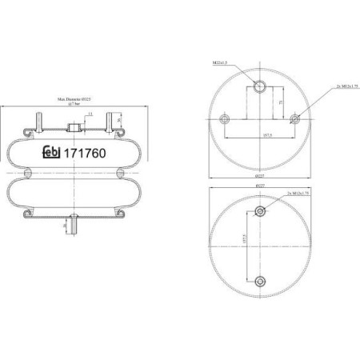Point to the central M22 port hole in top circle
(259, 87)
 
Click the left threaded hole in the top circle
(223, 120)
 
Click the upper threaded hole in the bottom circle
(259, 210)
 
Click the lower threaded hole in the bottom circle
(259, 279)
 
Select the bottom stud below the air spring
(72, 229)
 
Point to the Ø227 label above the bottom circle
(259, 186)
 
